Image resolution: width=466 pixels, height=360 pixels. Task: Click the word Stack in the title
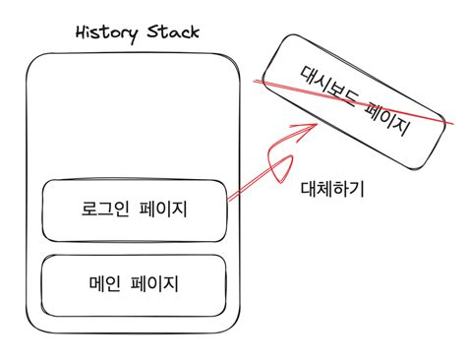click(x=173, y=33)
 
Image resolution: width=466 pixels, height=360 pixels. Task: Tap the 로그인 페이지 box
click(x=135, y=210)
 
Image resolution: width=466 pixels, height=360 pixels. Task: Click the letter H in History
click(x=82, y=33)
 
